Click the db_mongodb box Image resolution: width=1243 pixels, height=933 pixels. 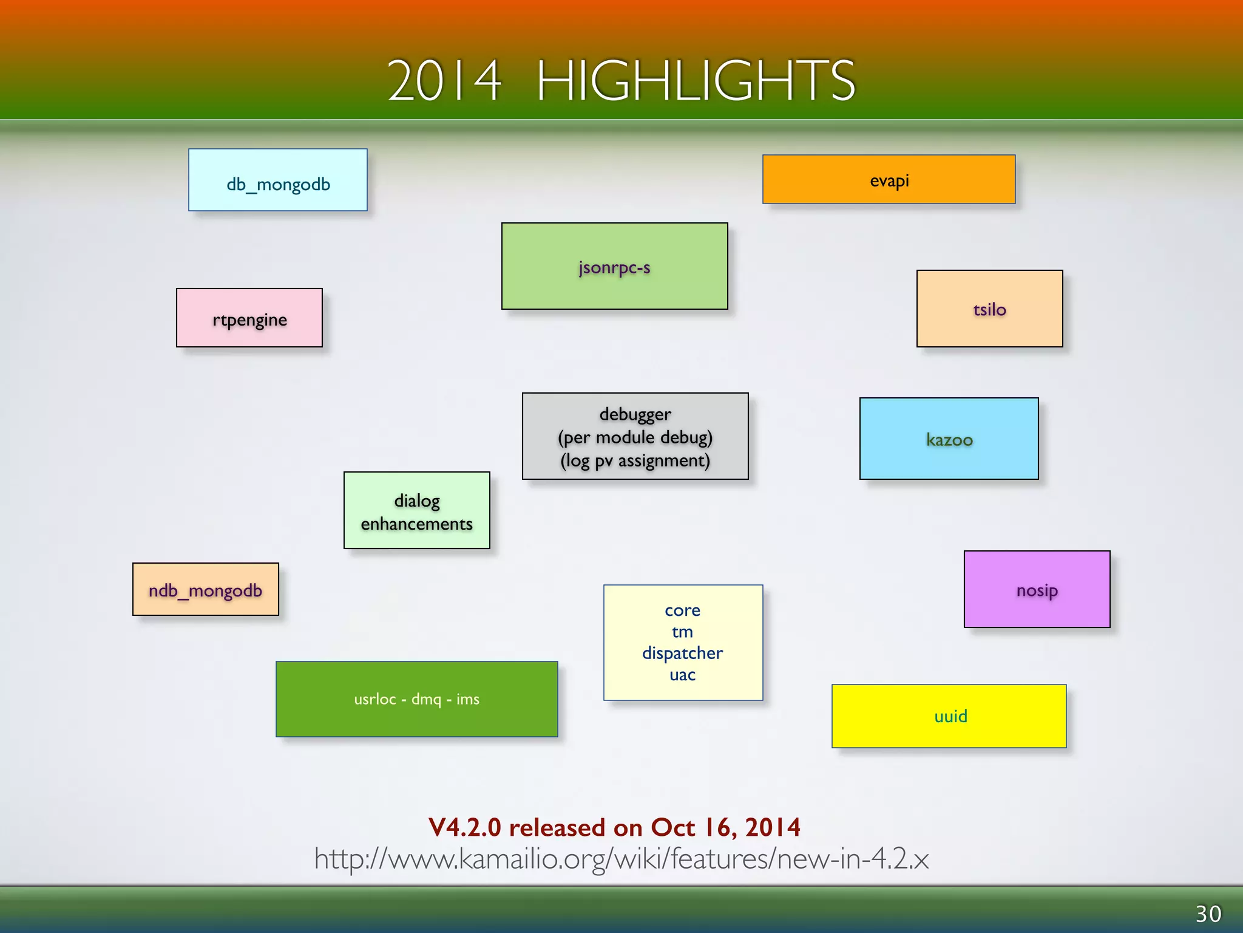click(x=278, y=180)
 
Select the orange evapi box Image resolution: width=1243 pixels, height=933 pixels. click(x=889, y=180)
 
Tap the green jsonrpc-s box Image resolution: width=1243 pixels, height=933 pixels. click(x=614, y=267)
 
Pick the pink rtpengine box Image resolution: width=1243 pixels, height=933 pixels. click(x=249, y=318)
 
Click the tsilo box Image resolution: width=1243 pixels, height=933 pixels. click(x=989, y=309)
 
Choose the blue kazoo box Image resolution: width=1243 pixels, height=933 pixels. click(x=949, y=439)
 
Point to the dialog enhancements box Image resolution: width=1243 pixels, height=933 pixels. click(x=416, y=511)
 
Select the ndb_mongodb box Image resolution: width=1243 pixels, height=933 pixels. click(x=206, y=590)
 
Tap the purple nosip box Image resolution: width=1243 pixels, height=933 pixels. click(x=1037, y=590)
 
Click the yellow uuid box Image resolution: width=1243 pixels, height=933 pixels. click(x=949, y=716)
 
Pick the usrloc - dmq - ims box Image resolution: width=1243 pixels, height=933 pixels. click(x=416, y=699)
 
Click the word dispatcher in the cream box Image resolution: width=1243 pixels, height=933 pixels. click(x=682, y=653)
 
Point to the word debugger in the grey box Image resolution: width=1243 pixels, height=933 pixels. click(x=635, y=414)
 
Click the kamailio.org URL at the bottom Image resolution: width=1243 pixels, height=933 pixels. click(x=621, y=859)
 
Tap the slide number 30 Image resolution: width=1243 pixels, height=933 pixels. click(x=1208, y=914)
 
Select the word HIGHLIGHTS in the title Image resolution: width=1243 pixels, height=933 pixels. click(x=696, y=80)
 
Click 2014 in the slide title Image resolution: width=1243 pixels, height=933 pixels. click(x=444, y=80)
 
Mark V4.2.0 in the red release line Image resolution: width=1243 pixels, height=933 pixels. click(x=464, y=827)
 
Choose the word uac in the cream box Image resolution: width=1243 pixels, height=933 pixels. click(x=682, y=675)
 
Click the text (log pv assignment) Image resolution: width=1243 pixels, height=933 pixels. click(x=635, y=460)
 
